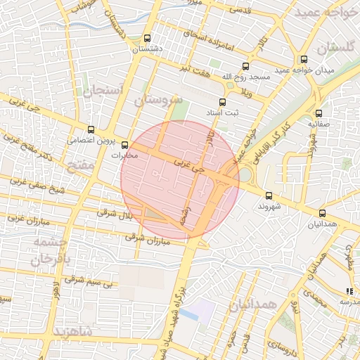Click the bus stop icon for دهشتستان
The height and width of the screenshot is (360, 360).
click(147, 39)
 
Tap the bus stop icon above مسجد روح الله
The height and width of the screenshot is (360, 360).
click(245, 67)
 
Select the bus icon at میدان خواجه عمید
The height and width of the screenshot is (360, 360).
click(304, 60)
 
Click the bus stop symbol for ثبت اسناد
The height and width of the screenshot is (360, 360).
click(223, 103)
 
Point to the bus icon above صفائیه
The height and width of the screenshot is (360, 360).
click(319, 113)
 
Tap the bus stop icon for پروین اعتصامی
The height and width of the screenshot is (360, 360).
click(91, 129)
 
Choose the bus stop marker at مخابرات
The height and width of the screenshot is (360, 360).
click(125, 146)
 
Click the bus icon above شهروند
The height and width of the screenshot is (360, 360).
click(269, 195)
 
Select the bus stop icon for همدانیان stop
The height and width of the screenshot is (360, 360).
click(323, 213)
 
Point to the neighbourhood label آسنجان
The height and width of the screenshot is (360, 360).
click(103, 91)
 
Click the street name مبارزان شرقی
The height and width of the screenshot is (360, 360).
click(149, 240)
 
